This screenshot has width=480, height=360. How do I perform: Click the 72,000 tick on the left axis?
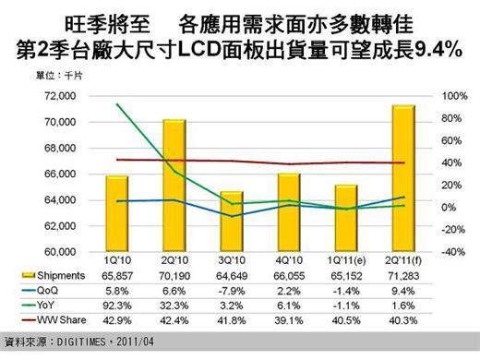[56, 96]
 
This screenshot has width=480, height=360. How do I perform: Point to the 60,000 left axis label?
[56, 252]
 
